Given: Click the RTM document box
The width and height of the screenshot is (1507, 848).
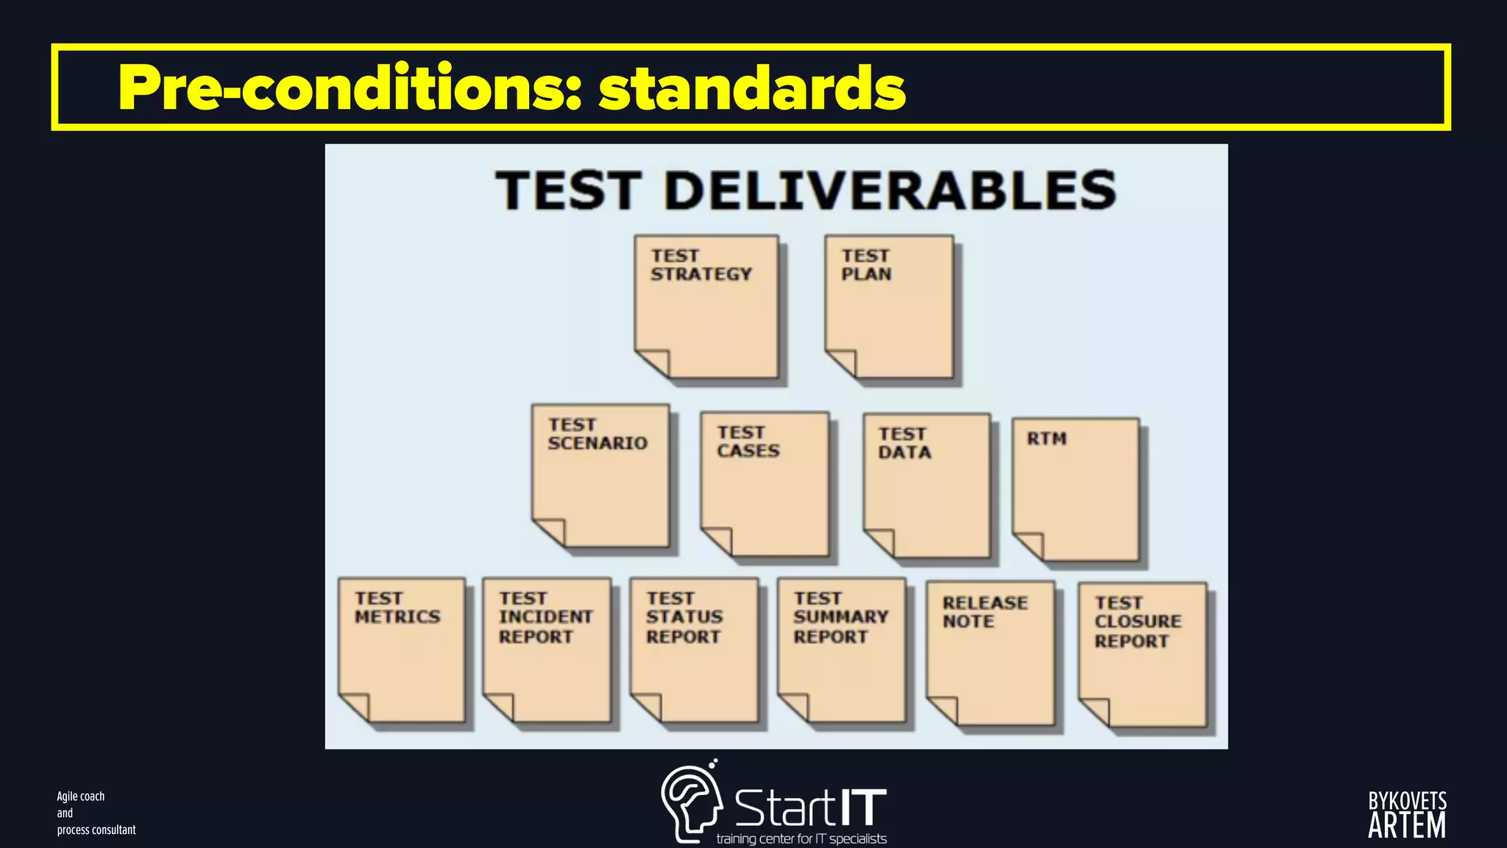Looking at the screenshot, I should (x=1075, y=490).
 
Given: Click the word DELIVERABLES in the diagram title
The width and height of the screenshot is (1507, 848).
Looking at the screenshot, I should (x=890, y=191).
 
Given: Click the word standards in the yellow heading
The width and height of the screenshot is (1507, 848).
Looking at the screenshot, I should (x=751, y=88).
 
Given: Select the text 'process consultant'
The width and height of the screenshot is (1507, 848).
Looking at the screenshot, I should (x=96, y=830).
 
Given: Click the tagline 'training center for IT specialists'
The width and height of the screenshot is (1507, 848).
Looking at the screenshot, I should (x=801, y=839).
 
